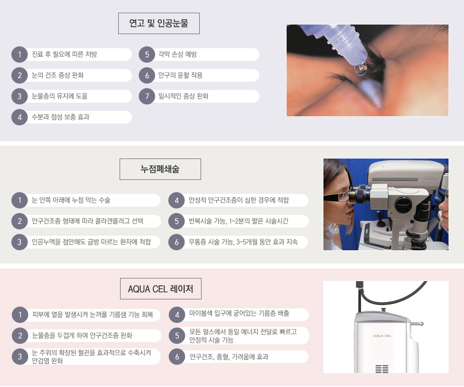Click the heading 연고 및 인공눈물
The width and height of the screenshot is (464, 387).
[159, 23]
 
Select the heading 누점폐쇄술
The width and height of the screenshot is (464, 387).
[160, 169]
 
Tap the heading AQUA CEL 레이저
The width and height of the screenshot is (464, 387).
[161, 288]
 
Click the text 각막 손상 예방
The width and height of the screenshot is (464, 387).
[177, 55]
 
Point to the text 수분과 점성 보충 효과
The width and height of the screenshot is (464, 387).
[61, 117]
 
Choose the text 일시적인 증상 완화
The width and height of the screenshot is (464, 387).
[183, 96]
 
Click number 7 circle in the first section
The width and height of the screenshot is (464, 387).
[147, 96]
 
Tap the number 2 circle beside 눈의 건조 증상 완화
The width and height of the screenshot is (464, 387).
[20, 75]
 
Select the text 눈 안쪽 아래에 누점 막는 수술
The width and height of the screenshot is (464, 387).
[71, 200]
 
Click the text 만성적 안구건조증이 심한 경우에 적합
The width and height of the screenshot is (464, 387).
[239, 200]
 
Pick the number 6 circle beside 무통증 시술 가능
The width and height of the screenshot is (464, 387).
[177, 242]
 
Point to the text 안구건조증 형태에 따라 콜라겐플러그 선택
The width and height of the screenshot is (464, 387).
[88, 221]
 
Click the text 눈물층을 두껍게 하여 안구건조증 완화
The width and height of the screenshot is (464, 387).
[82, 336]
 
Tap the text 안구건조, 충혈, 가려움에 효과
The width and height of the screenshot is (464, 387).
[229, 357]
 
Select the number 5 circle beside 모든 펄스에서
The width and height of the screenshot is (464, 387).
[177, 336]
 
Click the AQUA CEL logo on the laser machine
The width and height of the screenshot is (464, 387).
[382, 336]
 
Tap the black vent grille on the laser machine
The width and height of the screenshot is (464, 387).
[382, 369]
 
